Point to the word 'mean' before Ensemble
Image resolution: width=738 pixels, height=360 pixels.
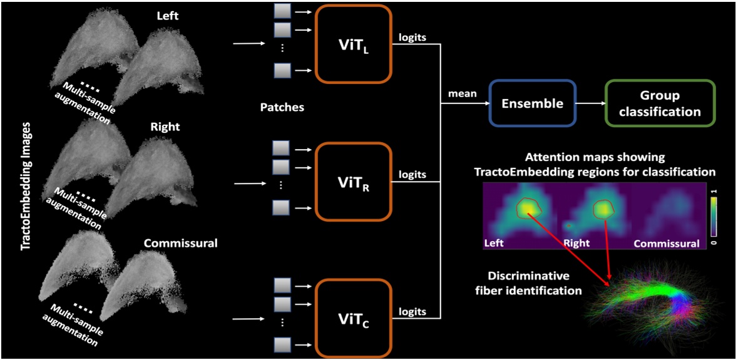[463, 94]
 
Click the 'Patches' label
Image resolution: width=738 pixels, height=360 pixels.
[282, 107]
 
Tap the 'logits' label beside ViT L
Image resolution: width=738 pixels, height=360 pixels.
[412, 38]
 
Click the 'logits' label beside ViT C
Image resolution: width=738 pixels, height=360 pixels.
[412, 311]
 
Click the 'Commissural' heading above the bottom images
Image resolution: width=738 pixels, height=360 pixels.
[180, 243]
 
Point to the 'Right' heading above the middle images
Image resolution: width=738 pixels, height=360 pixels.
[165, 126]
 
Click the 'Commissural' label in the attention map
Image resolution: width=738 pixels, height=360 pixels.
[666, 244]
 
